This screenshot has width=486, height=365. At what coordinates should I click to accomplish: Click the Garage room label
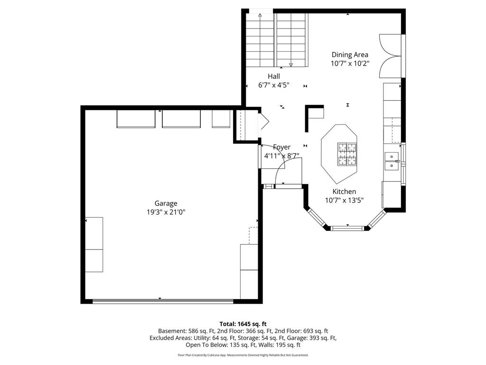point(166,203)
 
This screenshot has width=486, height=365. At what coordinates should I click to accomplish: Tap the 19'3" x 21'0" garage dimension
point(166,212)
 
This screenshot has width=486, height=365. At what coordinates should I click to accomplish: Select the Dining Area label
point(350,55)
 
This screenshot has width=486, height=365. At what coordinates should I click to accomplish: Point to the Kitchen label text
point(344,192)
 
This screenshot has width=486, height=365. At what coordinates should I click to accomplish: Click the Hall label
point(274,77)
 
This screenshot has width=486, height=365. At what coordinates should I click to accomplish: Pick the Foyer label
point(281,147)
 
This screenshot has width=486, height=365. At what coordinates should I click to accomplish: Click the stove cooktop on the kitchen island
point(347,154)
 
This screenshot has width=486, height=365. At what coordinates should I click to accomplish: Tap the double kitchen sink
point(392,161)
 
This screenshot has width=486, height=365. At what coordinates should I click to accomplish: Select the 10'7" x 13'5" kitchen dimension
point(344,201)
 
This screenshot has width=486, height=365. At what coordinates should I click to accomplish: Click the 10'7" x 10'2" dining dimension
point(350,64)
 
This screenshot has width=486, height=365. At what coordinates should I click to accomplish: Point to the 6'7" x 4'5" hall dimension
point(274,85)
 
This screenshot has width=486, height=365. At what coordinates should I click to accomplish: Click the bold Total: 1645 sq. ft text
point(243,324)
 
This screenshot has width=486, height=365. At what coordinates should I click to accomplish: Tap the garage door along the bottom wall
point(163,301)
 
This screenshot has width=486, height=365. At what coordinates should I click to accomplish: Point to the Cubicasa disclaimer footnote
point(243,355)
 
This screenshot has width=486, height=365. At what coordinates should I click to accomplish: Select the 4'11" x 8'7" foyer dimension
point(281,156)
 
